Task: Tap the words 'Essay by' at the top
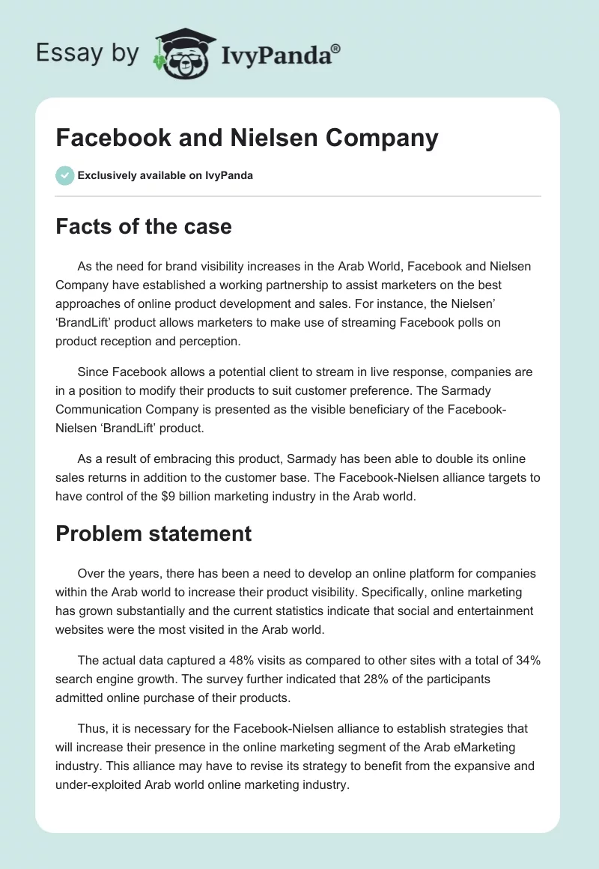coord(88,53)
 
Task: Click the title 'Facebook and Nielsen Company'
coord(246,138)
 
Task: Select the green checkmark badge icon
coord(64,175)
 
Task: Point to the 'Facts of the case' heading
coord(144,226)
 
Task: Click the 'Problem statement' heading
coord(153,533)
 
